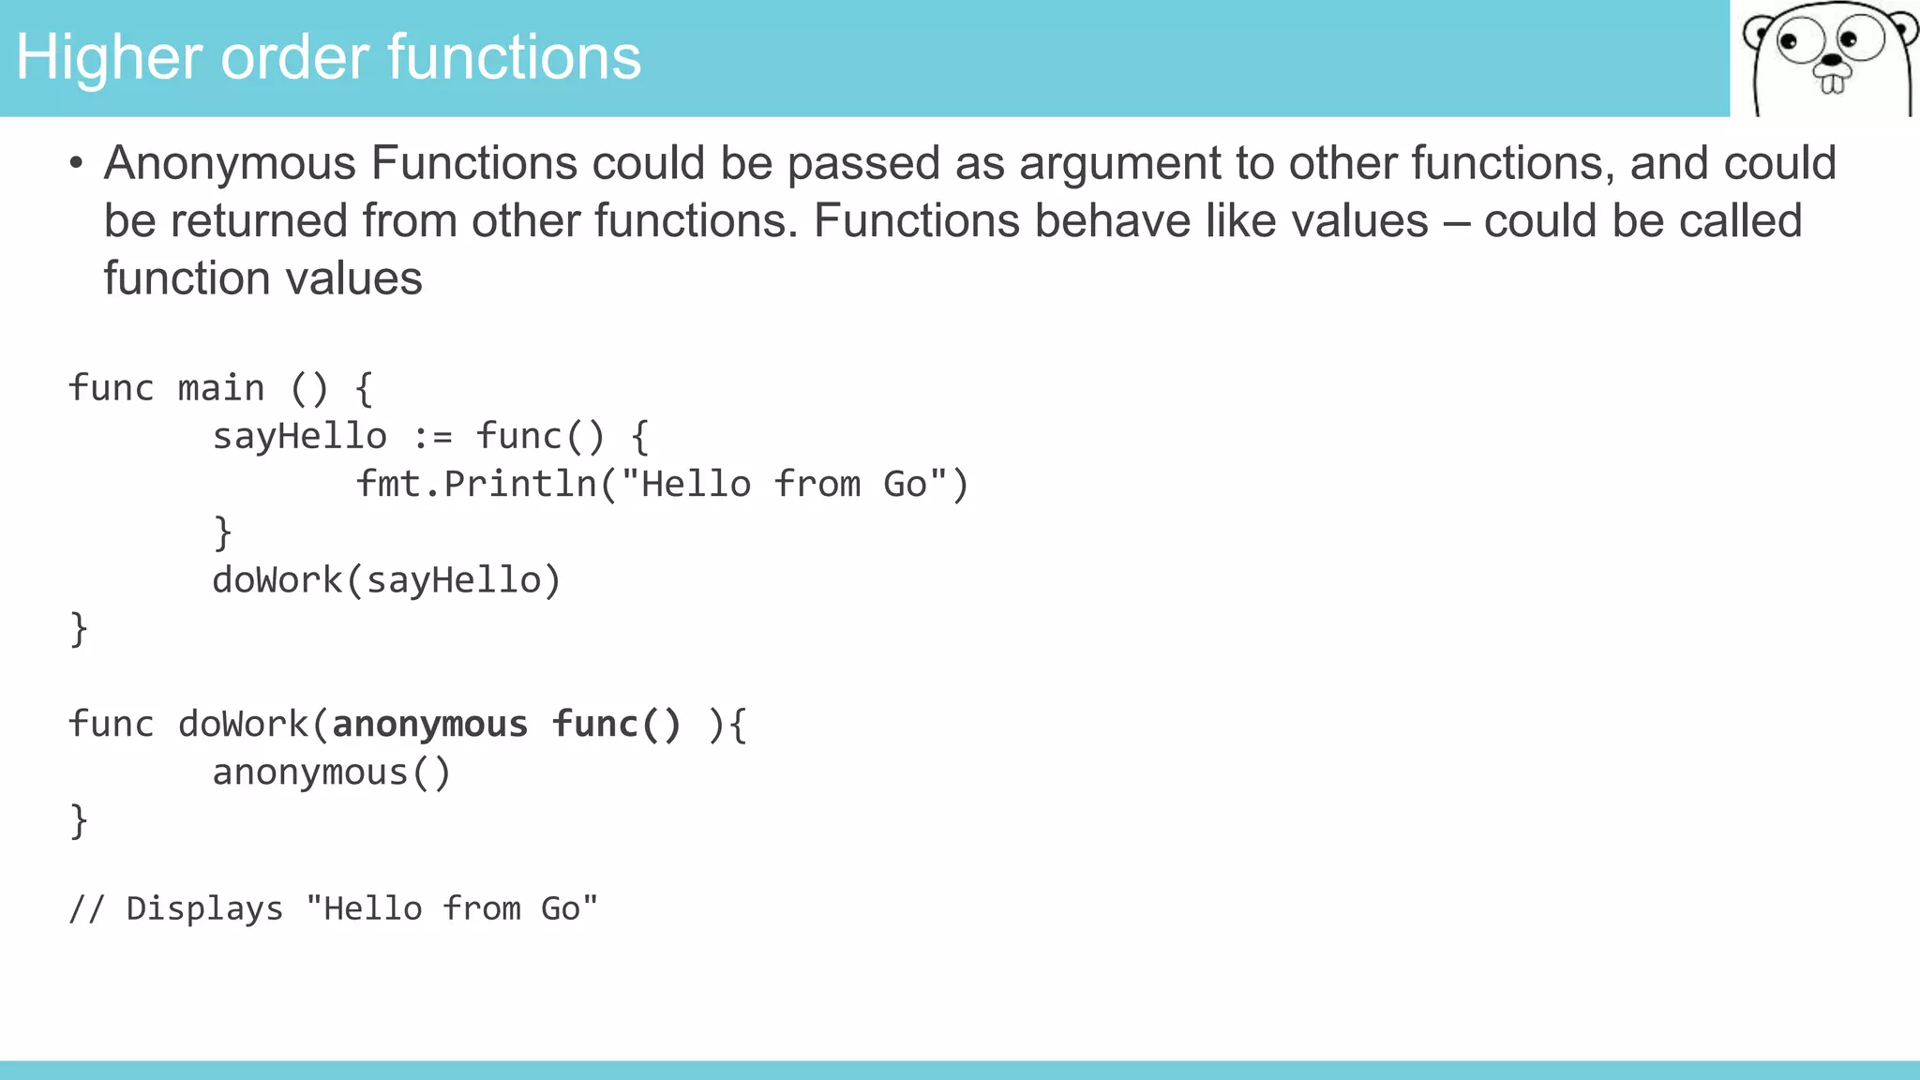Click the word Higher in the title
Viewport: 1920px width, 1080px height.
pos(109,58)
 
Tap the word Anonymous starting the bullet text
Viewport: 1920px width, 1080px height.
pos(230,163)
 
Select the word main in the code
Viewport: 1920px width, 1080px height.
pos(221,388)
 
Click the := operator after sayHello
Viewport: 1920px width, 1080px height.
pos(432,437)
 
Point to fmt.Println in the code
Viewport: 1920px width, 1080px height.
pos(476,485)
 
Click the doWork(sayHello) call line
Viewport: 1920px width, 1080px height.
pos(386,580)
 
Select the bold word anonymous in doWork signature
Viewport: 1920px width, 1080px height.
pos(430,725)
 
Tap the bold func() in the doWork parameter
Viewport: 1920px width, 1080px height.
pos(616,725)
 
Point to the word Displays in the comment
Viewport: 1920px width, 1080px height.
pos(204,908)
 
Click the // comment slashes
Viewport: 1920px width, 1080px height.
pos(86,908)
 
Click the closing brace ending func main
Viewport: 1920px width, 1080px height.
pos(79,629)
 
